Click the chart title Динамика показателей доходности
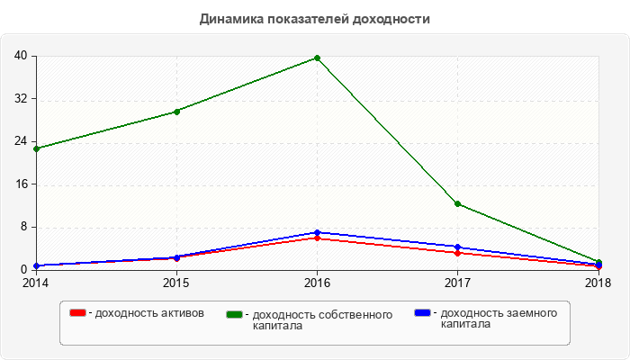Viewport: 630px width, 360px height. (x=315, y=18)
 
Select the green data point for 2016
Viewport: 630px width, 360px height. (x=317, y=58)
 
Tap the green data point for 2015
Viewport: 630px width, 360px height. (x=176, y=112)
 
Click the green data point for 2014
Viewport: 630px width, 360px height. (x=36, y=148)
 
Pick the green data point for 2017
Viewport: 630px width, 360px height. (x=458, y=204)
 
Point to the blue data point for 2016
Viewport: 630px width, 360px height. (x=317, y=232)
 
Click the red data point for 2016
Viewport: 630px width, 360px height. (x=317, y=238)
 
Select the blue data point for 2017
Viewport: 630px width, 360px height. (x=458, y=247)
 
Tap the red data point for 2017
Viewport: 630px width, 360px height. (x=458, y=253)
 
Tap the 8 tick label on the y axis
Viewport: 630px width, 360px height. (x=23, y=227)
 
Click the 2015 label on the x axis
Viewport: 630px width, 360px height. (x=176, y=283)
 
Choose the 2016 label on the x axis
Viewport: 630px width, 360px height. (x=317, y=283)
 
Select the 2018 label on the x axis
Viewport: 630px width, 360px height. (x=598, y=283)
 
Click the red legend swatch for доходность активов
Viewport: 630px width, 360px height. (x=78, y=313)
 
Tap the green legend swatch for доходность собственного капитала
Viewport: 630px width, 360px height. (x=236, y=314)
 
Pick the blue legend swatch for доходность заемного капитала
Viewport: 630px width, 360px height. (x=422, y=313)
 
